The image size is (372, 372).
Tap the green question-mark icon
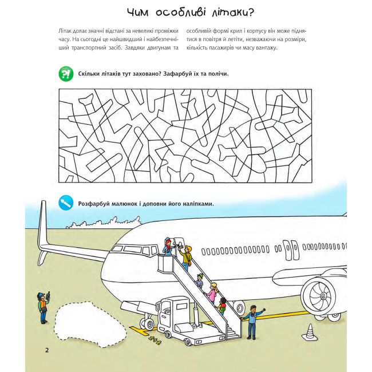[x=66, y=73]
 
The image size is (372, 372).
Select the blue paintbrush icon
[x=66, y=203]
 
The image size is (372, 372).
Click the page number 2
[x=47, y=349]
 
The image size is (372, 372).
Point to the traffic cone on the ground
[x=310, y=332]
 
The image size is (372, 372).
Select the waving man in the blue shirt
[x=251, y=320]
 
